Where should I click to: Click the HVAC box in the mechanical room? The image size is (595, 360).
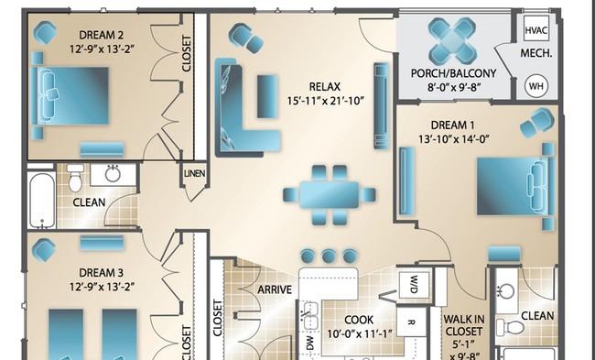coord(536,28)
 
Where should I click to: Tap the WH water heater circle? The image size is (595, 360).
coord(536,86)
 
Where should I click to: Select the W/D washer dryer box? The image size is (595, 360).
coord(414,285)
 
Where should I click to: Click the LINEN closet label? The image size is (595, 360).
coord(195,173)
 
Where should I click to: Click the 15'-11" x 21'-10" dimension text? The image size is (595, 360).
coord(326,101)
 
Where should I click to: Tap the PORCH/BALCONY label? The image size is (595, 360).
coord(453,73)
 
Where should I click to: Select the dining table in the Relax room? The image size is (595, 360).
coord(329,195)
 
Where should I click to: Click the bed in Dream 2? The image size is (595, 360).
coord(70,95)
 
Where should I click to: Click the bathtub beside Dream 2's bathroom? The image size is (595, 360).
coord(41,201)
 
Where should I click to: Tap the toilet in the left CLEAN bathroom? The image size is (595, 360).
coord(75,178)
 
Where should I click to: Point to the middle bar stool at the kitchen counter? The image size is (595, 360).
coord(329,256)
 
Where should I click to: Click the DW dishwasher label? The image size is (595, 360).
coord(310,343)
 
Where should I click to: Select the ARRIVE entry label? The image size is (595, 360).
coord(275,289)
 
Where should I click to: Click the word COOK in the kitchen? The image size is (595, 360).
coord(359,320)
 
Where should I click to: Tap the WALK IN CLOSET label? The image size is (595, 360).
coord(463,325)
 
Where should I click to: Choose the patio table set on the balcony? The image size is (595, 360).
coord(452,41)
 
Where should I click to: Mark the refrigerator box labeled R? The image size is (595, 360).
coord(411,322)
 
